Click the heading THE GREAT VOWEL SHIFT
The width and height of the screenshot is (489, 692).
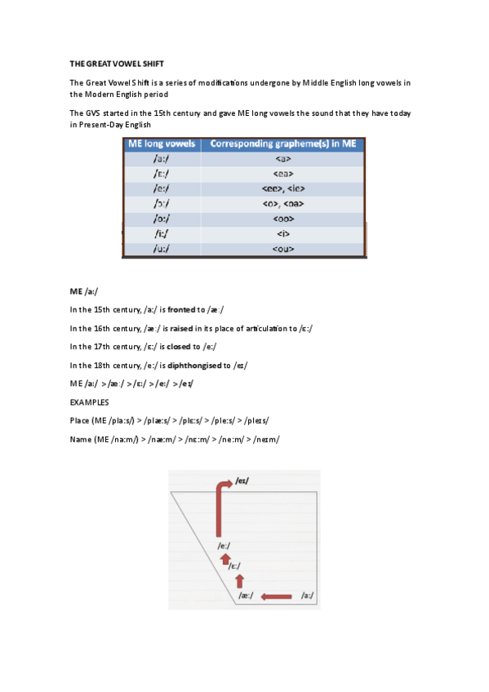pos(117,63)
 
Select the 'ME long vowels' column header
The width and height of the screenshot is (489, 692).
pos(162,144)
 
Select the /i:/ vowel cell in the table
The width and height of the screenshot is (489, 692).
pos(162,233)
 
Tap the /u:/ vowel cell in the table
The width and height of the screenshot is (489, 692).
pos(162,248)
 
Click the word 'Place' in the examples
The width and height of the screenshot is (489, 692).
pos(82,420)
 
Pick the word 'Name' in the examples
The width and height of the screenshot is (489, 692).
pos(82,439)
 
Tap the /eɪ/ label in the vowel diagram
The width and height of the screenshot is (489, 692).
pos(242,481)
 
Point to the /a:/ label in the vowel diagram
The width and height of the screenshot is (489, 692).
pos(307,597)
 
